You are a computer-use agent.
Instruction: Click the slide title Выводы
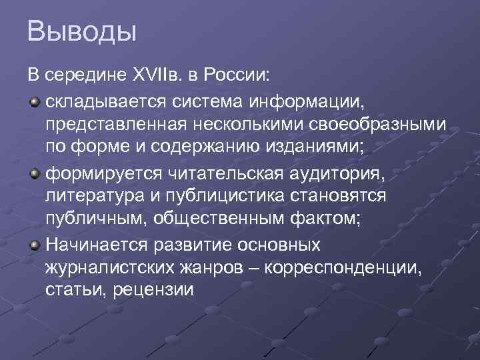click(x=82, y=33)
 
